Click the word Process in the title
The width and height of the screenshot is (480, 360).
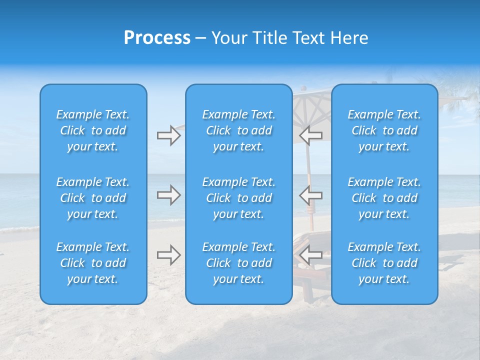[x=157, y=38]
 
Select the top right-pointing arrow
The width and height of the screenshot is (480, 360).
[x=168, y=135]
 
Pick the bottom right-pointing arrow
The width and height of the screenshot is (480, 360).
[x=168, y=255]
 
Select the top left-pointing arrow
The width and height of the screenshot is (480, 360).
[x=311, y=135]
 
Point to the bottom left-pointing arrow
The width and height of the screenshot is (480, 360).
[x=311, y=255]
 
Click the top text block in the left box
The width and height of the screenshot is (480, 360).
[x=93, y=130]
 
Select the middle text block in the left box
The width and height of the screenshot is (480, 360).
[x=93, y=198]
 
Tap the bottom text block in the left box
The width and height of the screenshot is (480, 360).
[x=93, y=263]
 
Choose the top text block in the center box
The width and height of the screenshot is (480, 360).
[x=238, y=130]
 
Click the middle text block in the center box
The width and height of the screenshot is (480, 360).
[x=238, y=198]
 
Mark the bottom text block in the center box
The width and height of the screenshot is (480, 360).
[x=238, y=263]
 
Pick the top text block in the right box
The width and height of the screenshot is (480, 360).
[x=384, y=130]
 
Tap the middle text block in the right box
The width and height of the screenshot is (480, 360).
[x=384, y=198]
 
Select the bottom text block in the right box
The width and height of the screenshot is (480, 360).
[x=384, y=263]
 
